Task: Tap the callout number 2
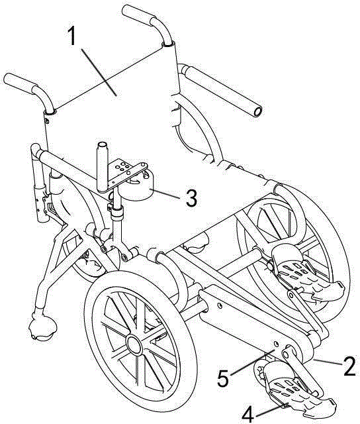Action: [x=349, y=366]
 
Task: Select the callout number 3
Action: [x=191, y=197]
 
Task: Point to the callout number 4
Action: [x=248, y=414]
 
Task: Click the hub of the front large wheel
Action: [x=134, y=345]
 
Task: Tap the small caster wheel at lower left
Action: [x=42, y=327]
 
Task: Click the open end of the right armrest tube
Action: [x=257, y=111]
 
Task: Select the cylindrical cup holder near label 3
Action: [x=136, y=186]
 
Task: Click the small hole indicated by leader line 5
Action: [x=276, y=344]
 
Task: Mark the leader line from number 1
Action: [x=99, y=72]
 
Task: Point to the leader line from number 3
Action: [x=165, y=193]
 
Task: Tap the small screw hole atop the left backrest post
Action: [x=47, y=121]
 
